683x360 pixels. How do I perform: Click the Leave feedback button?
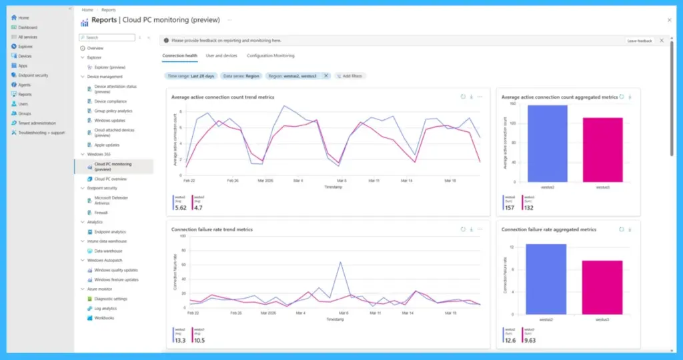[639, 41]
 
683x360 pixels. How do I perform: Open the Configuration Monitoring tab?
[270, 55]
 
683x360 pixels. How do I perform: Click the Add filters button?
[350, 76]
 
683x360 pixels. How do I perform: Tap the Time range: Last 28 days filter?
[191, 76]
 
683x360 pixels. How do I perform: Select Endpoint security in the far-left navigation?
[33, 75]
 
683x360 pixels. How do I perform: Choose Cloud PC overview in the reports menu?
[111, 179]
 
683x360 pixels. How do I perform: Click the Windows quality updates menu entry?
[116, 270]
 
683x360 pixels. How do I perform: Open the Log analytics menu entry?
[106, 309]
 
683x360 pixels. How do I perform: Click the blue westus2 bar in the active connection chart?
[547, 143]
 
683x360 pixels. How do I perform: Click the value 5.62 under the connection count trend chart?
[180, 207]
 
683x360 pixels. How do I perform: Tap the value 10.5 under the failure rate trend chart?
[199, 340]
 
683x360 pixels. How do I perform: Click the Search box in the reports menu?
[107, 38]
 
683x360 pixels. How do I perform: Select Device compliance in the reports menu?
[110, 101]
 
